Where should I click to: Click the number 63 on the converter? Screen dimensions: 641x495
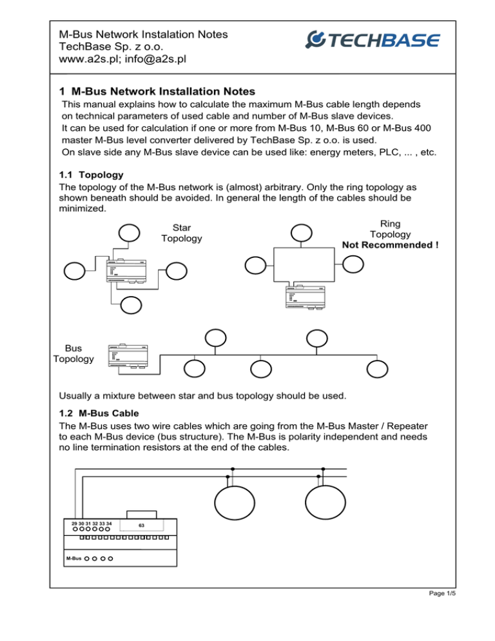point(141,525)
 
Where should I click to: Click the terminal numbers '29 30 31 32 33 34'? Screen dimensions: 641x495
point(92,523)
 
